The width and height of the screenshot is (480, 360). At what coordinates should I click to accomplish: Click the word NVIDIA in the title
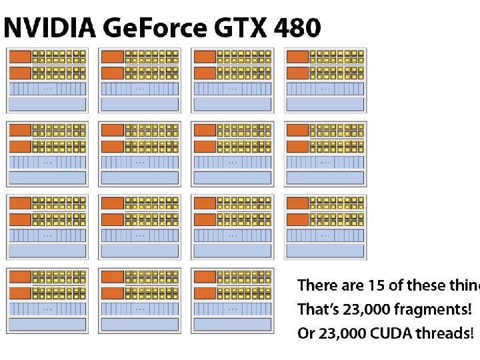[49, 28]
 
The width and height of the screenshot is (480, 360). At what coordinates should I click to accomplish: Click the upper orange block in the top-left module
[20, 57]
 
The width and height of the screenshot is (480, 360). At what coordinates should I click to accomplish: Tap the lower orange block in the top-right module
[297, 72]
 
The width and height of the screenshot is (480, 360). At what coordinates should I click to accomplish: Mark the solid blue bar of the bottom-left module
[47, 324]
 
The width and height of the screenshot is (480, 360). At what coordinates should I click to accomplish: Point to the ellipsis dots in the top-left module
[47, 88]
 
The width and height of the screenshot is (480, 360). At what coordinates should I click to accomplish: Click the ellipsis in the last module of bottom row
[233, 309]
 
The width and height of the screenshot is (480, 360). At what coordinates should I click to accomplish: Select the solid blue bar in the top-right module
[325, 103]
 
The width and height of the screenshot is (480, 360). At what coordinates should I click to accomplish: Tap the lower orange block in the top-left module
[20, 72]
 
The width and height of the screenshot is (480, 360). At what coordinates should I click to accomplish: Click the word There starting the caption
[317, 286]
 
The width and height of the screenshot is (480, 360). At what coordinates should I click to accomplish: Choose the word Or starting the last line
[305, 333]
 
